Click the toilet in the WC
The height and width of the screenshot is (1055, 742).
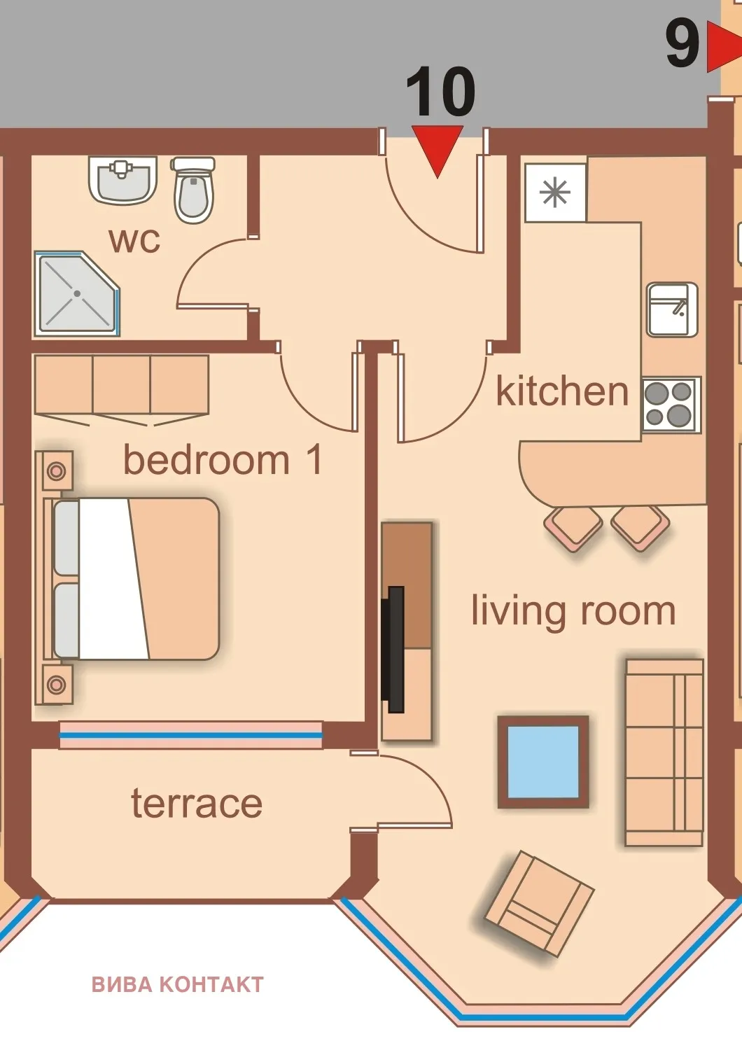(193, 191)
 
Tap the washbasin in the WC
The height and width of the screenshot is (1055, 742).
(122, 180)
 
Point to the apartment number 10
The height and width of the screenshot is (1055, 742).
(440, 92)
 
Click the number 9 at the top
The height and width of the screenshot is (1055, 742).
(682, 44)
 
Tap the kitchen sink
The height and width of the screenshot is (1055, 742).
(671, 309)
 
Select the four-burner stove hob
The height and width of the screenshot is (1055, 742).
(671, 404)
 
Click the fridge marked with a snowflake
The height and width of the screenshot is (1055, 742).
(555, 193)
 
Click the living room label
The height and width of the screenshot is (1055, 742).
(573, 610)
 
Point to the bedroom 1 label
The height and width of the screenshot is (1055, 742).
(223, 460)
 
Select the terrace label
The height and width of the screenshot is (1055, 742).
(197, 803)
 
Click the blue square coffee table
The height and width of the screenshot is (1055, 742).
(543, 762)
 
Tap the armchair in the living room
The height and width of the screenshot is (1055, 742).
(538, 903)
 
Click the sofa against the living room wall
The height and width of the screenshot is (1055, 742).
(664, 753)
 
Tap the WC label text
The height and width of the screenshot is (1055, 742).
(134, 240)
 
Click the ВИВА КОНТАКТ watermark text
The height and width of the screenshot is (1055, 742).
(178, 984)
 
